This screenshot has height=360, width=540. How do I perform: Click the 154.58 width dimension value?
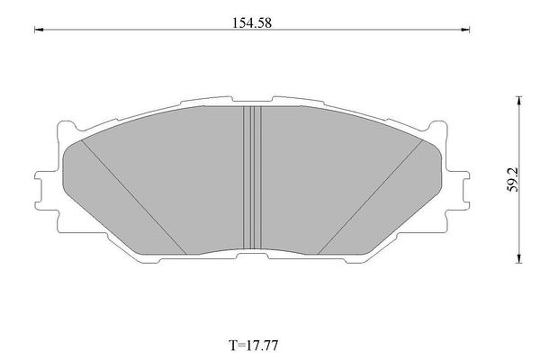point(252,23)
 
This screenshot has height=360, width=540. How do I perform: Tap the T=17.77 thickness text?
point(254,345)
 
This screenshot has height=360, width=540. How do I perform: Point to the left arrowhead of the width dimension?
point(39,30)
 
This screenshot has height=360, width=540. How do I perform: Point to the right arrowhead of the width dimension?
point(465,30)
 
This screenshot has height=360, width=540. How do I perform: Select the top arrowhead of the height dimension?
point(519,101)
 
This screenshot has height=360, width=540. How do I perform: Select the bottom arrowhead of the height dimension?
point(519,258)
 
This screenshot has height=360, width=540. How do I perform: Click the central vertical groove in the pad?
point(252,177)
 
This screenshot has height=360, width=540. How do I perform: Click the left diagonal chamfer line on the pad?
point(133,197)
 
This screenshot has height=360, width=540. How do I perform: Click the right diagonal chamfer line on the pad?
point(370,197)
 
